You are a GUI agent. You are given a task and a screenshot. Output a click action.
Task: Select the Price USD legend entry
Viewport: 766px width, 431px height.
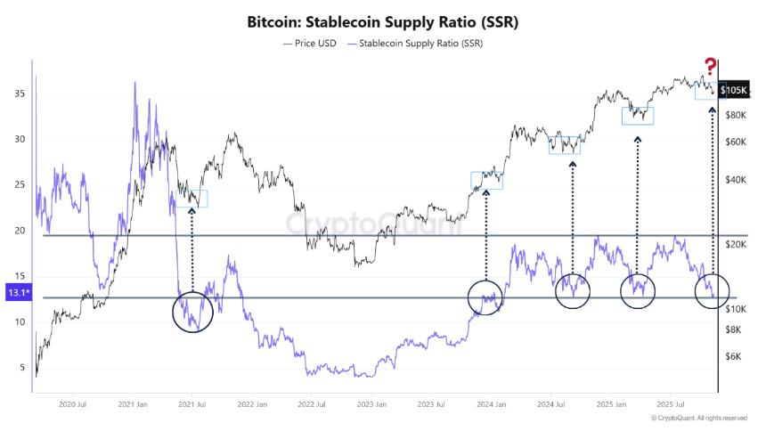[309, 42]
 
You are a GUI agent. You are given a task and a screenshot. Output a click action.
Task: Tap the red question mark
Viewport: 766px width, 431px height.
[710, 66]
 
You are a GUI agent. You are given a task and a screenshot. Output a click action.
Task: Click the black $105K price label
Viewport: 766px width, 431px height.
[734, 90]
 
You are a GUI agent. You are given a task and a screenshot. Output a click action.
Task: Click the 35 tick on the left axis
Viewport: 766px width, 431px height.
[20, 94]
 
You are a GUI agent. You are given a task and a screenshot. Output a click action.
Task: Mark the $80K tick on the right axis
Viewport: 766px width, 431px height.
[736, 116]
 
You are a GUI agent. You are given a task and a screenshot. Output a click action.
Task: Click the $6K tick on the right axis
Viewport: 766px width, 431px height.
[733, 357]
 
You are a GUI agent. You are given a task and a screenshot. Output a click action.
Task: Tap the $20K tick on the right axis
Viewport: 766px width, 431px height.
[736, 244]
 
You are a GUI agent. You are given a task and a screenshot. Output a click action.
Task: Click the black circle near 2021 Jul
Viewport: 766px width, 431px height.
[191, 310]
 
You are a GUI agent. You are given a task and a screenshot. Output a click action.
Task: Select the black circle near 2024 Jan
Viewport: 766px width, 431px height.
[485, 297]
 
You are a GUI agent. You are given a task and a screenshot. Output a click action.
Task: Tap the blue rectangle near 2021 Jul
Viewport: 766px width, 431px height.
[191, 199]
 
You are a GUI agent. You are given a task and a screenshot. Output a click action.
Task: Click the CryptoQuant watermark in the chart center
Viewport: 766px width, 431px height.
[373, 224]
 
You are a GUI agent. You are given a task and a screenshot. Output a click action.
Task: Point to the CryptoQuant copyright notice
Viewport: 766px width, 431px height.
[698, 418]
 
